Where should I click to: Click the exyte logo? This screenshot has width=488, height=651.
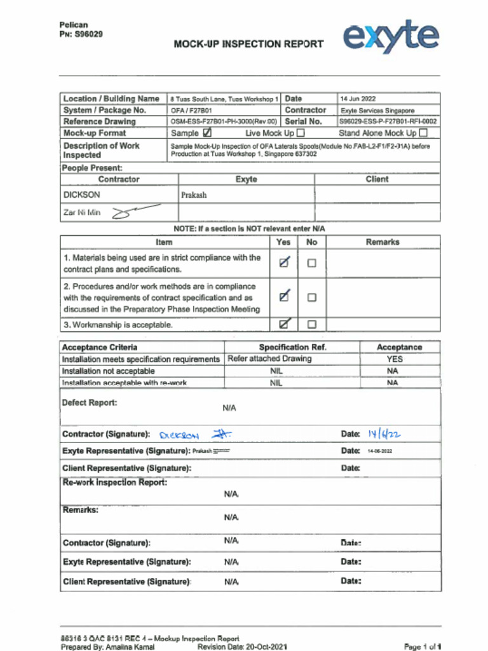(391, 36)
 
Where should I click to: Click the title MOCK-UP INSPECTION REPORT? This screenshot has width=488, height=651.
(248, 45)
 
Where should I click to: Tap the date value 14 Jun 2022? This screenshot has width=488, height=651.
(358, 99)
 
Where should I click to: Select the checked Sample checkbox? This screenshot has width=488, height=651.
(207, 133)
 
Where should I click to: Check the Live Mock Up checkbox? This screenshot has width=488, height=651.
(301, 133)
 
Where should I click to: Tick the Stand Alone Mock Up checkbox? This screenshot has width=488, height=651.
(423, 133)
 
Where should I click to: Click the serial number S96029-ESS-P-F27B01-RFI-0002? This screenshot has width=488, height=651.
(388, 121)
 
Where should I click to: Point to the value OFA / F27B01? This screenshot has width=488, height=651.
(187, 111)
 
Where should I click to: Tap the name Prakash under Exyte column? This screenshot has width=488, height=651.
(194, 195)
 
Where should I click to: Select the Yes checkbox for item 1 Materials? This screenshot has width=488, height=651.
(285, 263)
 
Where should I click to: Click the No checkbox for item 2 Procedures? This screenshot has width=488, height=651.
(311, 297)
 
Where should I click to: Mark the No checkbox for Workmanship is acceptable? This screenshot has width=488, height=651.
(311, 324)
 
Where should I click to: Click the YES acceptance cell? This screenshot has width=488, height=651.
(394, 359)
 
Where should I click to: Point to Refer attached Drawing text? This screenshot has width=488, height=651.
(270, 359)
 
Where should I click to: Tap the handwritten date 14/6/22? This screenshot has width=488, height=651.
(384, 434)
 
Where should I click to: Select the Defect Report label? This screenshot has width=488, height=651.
(90, 403)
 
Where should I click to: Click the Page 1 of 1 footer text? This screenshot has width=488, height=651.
(423, 647)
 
